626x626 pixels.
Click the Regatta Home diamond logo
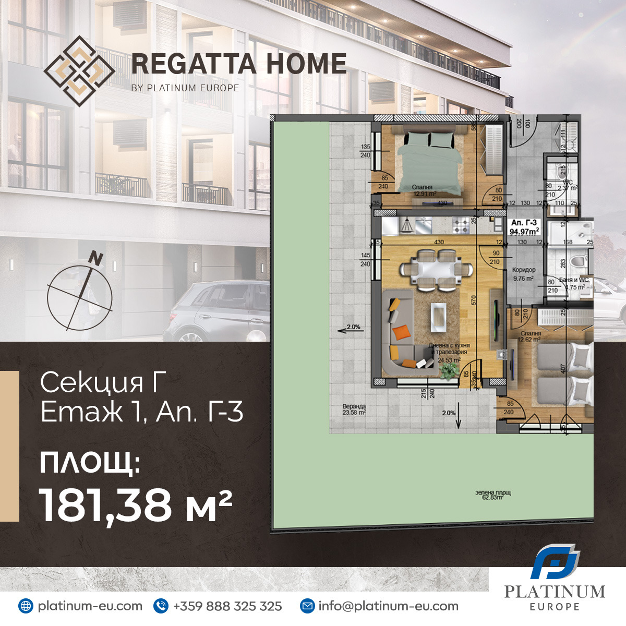pyautogui.click(x=79, y=71)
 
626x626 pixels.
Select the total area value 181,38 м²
pyautogui.click(x=136, y=505)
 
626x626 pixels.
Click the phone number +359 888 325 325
pyautogui.click(x=227, y=606)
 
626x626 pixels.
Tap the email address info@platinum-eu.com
pyautogui.click(x=388, y=606)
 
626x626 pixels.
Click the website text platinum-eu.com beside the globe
pyautogui.click(x=90, y=606)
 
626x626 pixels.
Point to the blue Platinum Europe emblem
pyautogui.click(x=555, y=561)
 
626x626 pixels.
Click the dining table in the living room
pyautogui.click(x=436, y=269)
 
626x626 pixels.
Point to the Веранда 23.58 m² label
pyautogui.click(x=354, y=410)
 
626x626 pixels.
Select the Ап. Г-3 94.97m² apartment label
pyautogui.click(x=524, y=227)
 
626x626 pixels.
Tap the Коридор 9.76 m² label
pyautogui.click(x=523, y=274)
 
